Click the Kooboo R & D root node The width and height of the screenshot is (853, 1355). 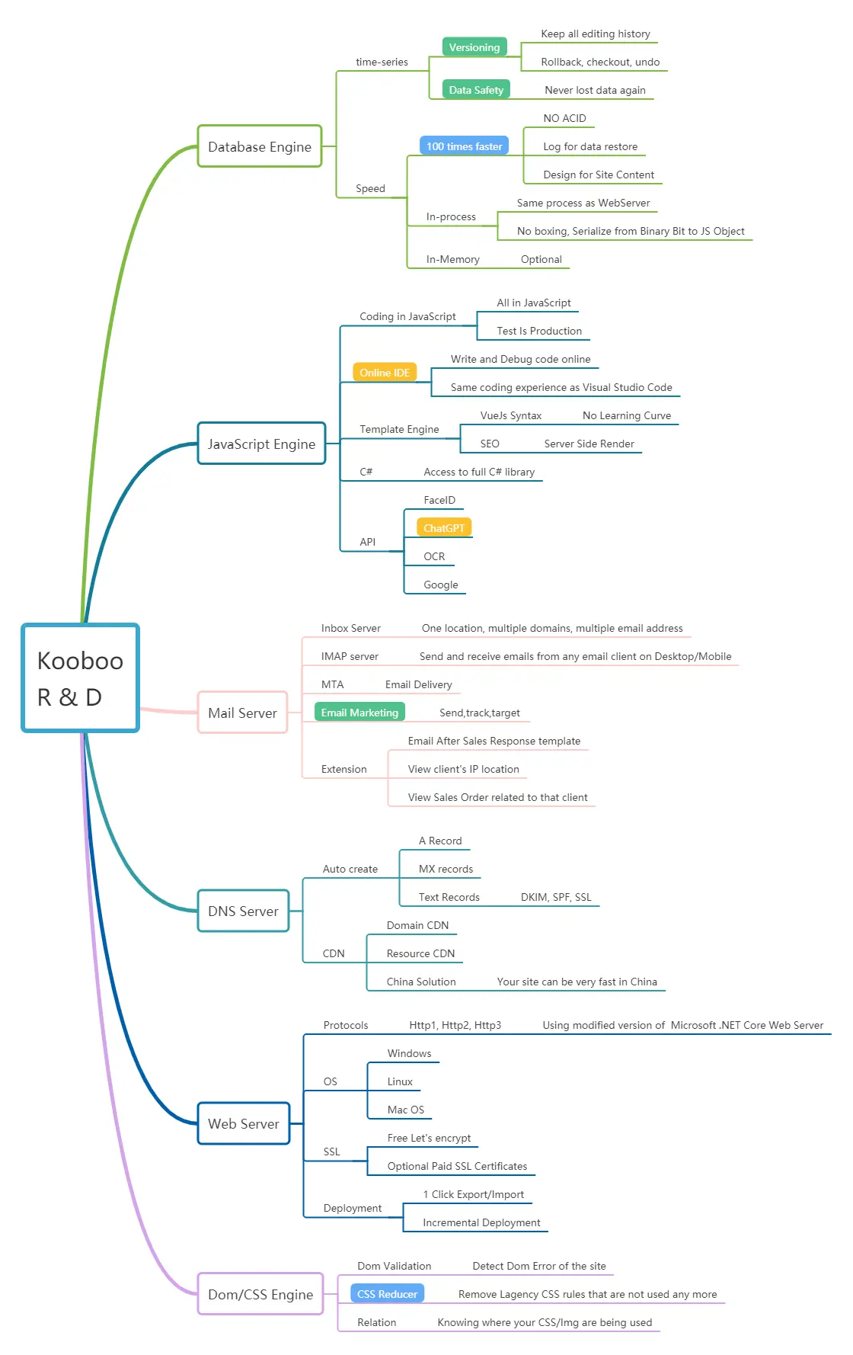(80, 677)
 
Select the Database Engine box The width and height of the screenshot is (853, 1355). (260, 146)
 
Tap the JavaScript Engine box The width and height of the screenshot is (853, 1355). (261, 444)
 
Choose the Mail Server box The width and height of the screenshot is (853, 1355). (242, 713)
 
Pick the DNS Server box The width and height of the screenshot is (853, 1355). (243, 911)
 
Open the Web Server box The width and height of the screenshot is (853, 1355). (244, 1123)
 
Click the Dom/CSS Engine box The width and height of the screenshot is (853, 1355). (260, 1294)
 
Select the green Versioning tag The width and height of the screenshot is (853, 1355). (474, 47)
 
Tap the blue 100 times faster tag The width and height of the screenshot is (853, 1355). (464, 146)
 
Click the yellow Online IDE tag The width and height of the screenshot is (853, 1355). (385, 373)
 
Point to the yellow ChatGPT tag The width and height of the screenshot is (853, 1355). (444, 528)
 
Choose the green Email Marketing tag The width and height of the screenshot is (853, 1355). (359, 713)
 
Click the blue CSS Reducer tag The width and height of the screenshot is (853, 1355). (387, 1294)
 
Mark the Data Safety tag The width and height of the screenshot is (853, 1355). (476, 90)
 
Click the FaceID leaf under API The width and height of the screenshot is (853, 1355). (439, 500)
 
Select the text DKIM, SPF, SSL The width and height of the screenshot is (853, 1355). (556, 897)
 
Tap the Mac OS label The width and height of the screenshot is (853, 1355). (406, 1110)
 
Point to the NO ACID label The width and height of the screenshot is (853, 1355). (564, 118)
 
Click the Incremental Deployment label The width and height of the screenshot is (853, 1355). (481, 1222)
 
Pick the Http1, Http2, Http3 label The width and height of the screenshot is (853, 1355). (455, 1025)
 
